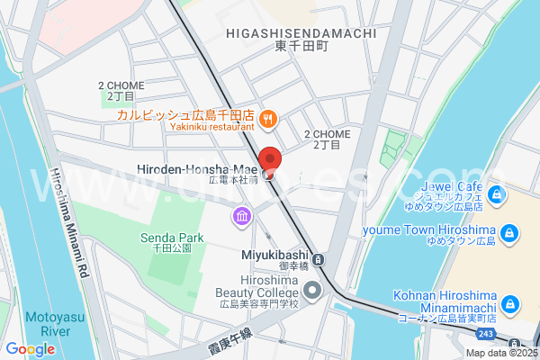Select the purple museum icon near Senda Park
click(x=242, y=216)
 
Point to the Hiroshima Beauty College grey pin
click(x=312, y=290)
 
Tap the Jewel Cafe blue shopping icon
click(x=495, y=193)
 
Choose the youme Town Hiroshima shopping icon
click(x=509, y=234)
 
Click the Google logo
click(x=30, y=349)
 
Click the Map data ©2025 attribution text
click(x=500, y=353)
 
